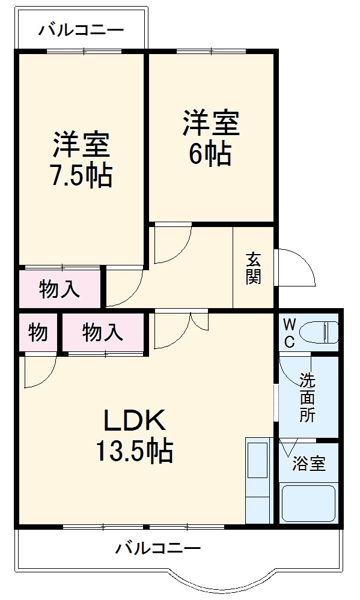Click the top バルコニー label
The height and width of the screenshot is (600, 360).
click(81, 29)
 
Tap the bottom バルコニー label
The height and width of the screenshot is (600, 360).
click(157, 548)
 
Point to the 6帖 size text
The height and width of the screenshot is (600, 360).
click(210, 155)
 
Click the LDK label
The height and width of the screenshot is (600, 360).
click(135, 423)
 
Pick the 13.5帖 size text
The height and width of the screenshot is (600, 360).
click(135, 451)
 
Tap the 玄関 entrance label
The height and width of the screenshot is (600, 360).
click(253, 268)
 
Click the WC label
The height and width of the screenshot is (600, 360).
click(289, 334)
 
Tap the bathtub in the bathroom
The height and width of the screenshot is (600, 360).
click(308, 503)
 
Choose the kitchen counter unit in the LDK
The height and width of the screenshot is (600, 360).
click(259, 480)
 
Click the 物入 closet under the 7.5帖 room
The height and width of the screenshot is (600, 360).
click(59, 289)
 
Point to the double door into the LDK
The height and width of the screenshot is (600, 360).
click(180, 327)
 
